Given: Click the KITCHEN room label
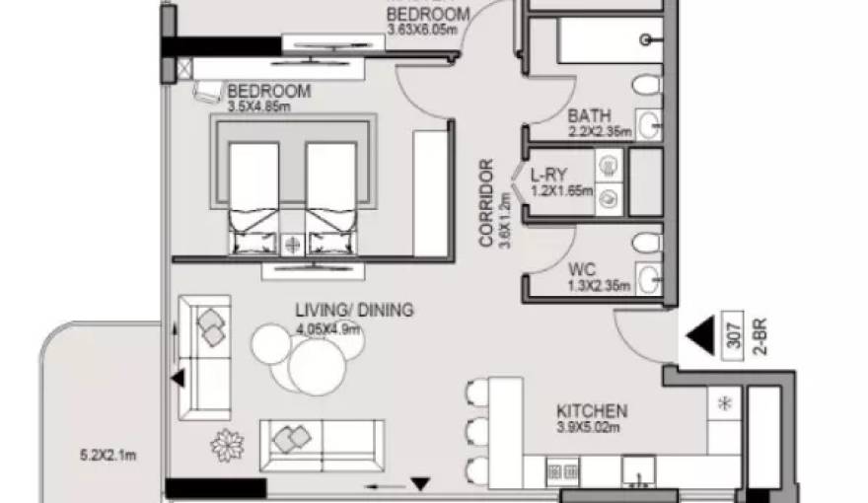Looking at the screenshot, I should pos(592,410).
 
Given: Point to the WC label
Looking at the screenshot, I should pos(581,267).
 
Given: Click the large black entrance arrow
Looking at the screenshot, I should pos(699,334).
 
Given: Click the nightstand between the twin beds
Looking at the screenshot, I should pos(292,243).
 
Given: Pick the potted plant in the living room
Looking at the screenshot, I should pos(228,445).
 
